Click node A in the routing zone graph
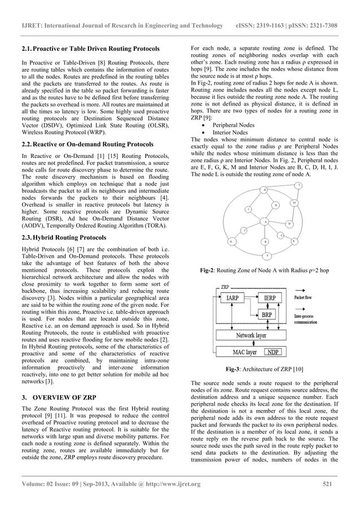[265, 221]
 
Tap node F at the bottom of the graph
[267, 256]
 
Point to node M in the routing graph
[294, 202]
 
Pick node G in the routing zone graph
[231, 241]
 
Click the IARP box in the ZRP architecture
[232, 297]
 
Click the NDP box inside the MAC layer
[273, 352]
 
